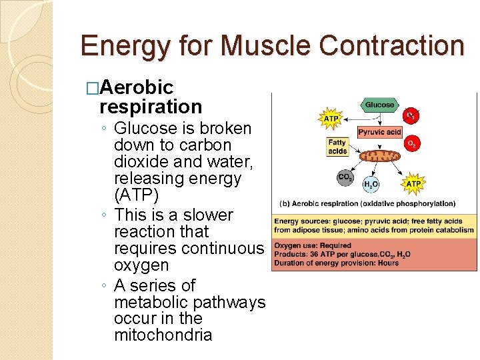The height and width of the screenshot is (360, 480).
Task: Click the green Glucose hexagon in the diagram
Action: pos(380,105)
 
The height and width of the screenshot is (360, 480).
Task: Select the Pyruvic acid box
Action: pos(379,133)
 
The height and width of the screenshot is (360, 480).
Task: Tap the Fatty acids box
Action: pos(337,147)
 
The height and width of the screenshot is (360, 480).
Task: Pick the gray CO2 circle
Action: pos(345,177)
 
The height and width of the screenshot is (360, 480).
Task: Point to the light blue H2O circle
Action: pos(371,185)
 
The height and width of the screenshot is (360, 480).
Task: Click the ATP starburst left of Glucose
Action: pos(331,119)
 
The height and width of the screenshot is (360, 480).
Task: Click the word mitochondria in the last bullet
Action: pos(163,335)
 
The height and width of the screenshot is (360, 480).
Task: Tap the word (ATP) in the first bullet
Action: pos(136,195)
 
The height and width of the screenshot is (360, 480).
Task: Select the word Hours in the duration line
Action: pos(387,262)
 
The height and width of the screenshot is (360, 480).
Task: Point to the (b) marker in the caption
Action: pos(285,203)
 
